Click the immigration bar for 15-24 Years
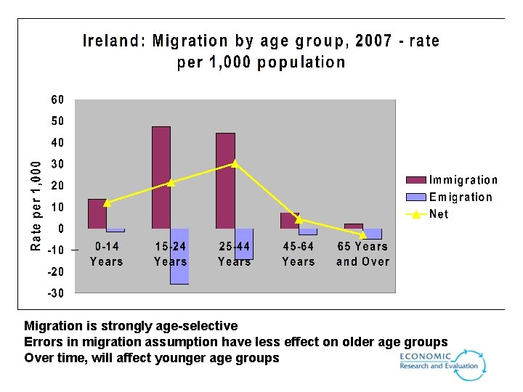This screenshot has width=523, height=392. point(161,178)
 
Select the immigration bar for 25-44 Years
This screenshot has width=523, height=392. point(225,181)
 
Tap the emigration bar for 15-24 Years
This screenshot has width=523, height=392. point(179,256)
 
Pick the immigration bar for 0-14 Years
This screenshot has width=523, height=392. point(97,214)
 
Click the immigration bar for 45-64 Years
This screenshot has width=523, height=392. point(289,221)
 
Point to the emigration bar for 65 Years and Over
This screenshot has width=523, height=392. point(373,234)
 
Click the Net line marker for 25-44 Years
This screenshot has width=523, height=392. point(235,163)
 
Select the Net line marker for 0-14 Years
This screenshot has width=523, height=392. point(107,203)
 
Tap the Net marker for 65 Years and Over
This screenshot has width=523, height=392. point(363,234)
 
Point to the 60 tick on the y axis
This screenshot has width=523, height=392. point(57,99)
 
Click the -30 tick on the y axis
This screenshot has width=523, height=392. point(55,293)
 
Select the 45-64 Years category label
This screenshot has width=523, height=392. point(299,254)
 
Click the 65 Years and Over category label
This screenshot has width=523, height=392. point(362,254)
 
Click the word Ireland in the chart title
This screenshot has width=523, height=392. point(113,41)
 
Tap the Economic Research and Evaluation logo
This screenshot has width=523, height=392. point(442,363)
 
